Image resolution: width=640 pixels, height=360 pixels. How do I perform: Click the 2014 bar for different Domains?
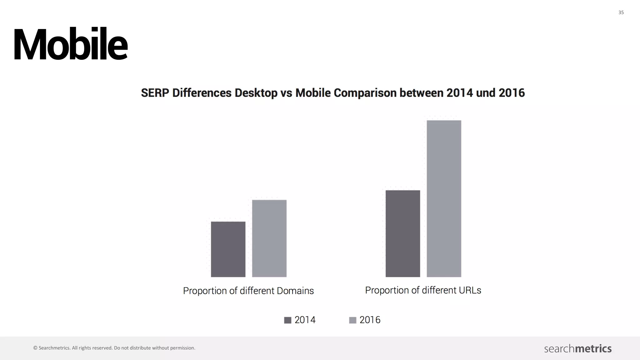click(x=228, y=249)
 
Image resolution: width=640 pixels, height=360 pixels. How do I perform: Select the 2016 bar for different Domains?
click(x=269, y=238)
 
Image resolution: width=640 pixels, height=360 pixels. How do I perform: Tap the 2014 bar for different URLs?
click(x=402, y=233)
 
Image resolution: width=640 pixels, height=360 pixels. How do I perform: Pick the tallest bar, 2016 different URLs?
click(x=444, y=198)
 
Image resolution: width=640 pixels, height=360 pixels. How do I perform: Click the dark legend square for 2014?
click(x=287, y=320)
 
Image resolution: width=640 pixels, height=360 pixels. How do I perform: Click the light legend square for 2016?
click(x=352, y=320)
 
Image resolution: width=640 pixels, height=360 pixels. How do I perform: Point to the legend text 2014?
click(x=305, y=320)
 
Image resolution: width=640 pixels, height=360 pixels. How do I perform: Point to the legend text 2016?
click(x=370, y=320)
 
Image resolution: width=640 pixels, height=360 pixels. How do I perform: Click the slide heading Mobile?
click(x=70, y=44)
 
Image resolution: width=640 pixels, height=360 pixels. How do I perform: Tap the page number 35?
click(x=621, y=12)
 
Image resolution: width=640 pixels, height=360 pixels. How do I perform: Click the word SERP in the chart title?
click(x=155, y=93)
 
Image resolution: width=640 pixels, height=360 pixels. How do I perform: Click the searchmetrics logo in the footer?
click(x=577, y=348)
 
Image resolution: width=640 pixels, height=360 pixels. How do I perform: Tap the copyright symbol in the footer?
click(x=35, y=348)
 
